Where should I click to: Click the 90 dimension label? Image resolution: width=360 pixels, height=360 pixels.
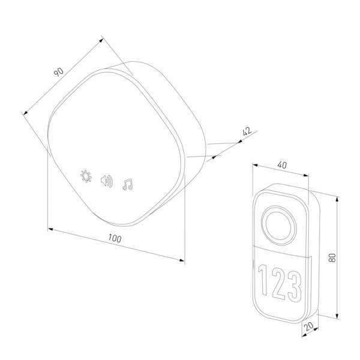click(59, 72)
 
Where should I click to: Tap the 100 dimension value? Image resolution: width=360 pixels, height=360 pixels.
click(115, 238)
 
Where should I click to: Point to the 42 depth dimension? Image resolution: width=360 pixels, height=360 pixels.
click(247, 131)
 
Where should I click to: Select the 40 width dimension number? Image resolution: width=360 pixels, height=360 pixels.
click(282, 165)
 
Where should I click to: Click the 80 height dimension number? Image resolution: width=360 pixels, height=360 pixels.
click(332, 257)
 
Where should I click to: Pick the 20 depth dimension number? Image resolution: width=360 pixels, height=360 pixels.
click(309, 326)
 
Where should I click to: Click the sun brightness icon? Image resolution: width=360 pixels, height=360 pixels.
click(86, 176)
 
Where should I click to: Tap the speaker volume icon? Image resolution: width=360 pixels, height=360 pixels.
click(107, 181)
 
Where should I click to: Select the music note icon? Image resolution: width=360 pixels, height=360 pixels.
click(128, 184)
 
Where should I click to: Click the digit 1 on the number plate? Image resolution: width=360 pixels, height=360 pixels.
click(263, 280)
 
